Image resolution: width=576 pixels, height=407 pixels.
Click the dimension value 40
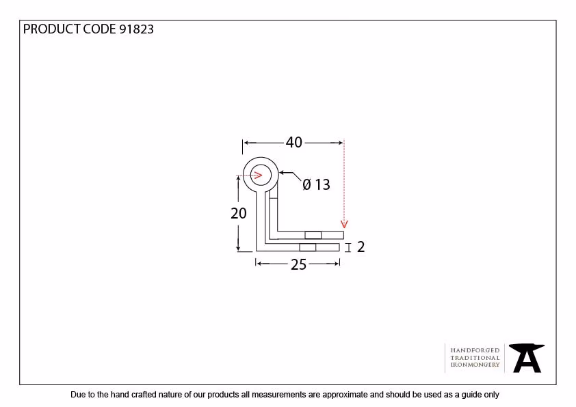tap(294, 142)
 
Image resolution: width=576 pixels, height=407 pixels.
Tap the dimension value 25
tap(298, 264)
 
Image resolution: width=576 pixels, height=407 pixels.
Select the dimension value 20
tap(239, 213)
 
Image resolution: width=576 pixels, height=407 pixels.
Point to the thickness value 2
tap(361, 247)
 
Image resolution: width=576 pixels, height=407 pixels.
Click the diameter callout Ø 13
tap(316, 184)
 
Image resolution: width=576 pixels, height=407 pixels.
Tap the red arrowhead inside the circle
tap(259, 176)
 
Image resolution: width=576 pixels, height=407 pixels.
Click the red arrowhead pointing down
tap(344, 224)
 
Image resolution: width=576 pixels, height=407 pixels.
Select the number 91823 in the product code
tap(136, 29)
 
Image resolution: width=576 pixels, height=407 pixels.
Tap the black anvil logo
tap(527, 358)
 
